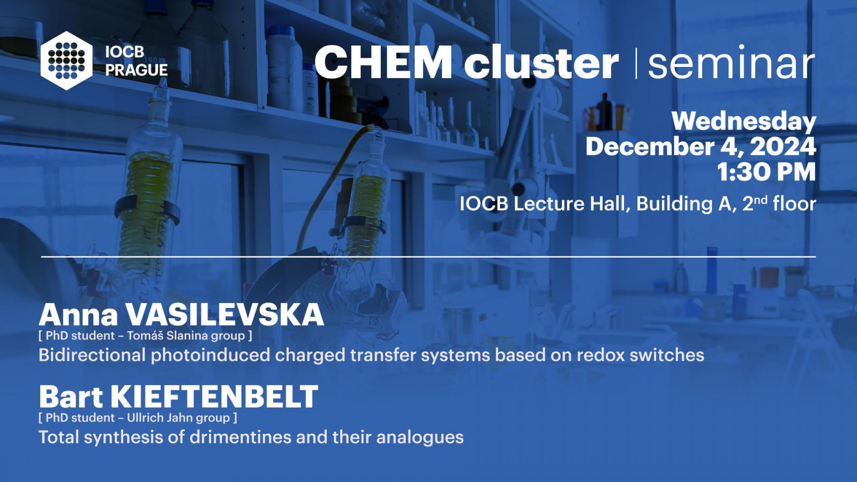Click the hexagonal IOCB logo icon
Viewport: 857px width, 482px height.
pos(66,61)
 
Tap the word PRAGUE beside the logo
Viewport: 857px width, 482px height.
pos(137,70)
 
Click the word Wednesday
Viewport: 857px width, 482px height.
pos(744,122)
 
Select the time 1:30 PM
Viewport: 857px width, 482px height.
pos(766,172)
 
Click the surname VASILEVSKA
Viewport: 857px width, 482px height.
pos(224,315)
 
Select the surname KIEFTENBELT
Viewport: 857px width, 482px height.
pos(214,397)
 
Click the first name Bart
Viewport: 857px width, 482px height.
pos(71,397)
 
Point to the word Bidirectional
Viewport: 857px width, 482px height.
pos(92,355)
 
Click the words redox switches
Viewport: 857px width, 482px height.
pos(640,355)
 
